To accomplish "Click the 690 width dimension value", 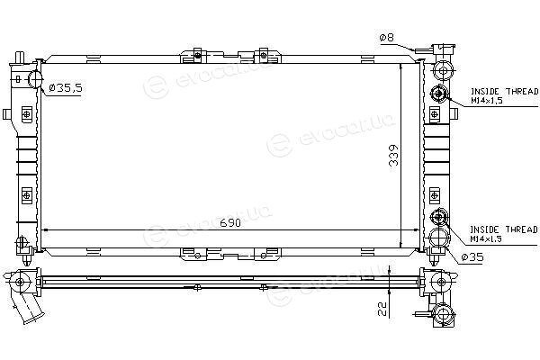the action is click(x=230, y=223).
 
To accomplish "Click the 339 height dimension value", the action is click(x=393, y=156).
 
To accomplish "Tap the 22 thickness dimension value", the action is click(x=382, y=309).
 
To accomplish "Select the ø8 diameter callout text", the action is click(x=387, y=37).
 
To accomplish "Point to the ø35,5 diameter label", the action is click(x=66, y=88).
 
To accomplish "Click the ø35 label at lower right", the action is click(x=472, y=257).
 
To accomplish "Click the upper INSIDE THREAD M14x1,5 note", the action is click(x=504, y=95).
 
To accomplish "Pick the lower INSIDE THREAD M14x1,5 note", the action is click(x=503, y=234).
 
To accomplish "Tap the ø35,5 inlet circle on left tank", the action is click(x=35, y=78).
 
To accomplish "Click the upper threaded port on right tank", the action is click(x=438, y=94).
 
